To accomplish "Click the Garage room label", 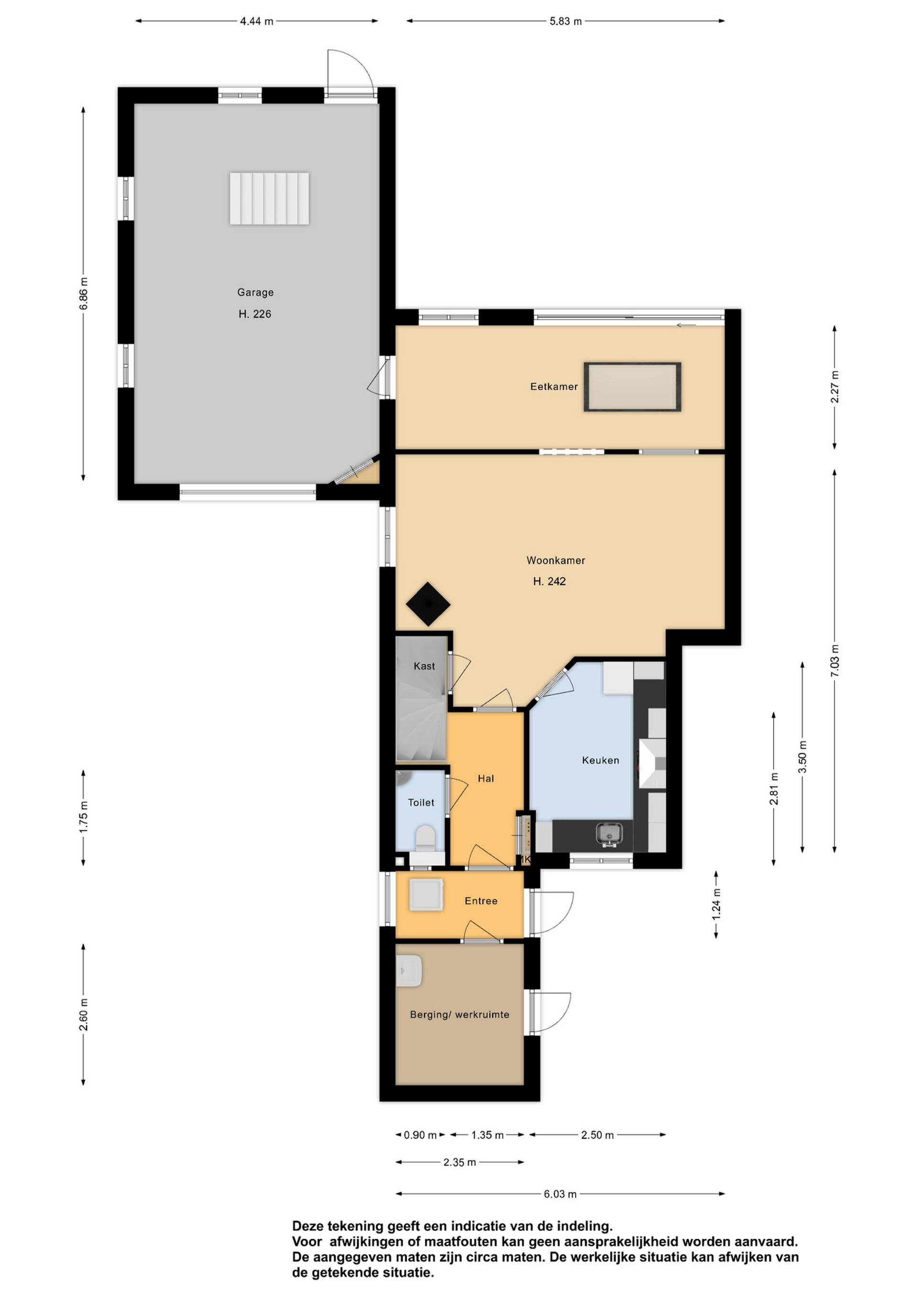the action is coord(255,292).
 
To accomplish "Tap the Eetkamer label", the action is coord(554,387).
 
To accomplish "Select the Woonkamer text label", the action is coord(556,561).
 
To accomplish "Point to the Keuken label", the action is coord(601,760).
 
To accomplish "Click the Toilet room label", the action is coord(421,802).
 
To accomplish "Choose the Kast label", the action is coord(424,666).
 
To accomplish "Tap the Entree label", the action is coord(481,900).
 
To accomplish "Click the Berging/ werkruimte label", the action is coord(459,1015).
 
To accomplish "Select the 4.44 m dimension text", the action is coord(257,22).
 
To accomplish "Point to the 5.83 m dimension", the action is coord(565,22).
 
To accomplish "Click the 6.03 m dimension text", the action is coord(560,1194).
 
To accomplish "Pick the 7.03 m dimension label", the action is coord(835,660).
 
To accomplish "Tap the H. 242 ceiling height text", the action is coord(549,581).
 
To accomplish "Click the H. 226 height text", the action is coord(255,314).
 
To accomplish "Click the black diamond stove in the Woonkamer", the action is coord(428,604).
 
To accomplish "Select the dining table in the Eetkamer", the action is coord(633,387).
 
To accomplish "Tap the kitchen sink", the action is coord(609,834).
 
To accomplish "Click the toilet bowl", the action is coord(425,838).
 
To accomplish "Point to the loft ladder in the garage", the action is coord(269,198).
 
